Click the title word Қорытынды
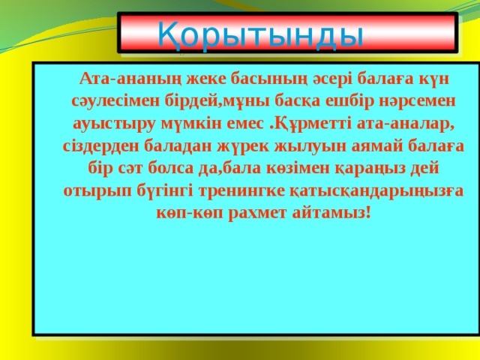260,34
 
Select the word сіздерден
101,147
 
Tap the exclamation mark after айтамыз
368,213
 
